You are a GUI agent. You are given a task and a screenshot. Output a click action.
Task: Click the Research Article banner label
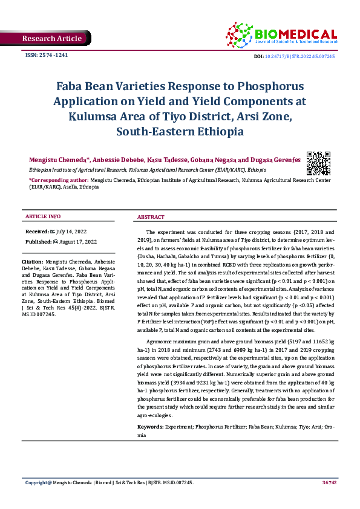point(51,39)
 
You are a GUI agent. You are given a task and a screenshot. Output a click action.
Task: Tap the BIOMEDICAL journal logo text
point(296,34)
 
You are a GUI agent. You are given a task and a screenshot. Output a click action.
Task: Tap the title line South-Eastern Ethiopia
point(180,131)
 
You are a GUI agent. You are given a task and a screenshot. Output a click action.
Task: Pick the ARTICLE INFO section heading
point(42,216)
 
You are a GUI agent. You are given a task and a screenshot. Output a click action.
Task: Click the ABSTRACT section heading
point(151,216)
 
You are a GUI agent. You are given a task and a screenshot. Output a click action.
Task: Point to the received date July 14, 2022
point(74,232)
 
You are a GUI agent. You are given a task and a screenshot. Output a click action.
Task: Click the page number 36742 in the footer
point(329,482)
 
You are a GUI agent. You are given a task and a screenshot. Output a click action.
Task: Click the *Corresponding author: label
point(59,180)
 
